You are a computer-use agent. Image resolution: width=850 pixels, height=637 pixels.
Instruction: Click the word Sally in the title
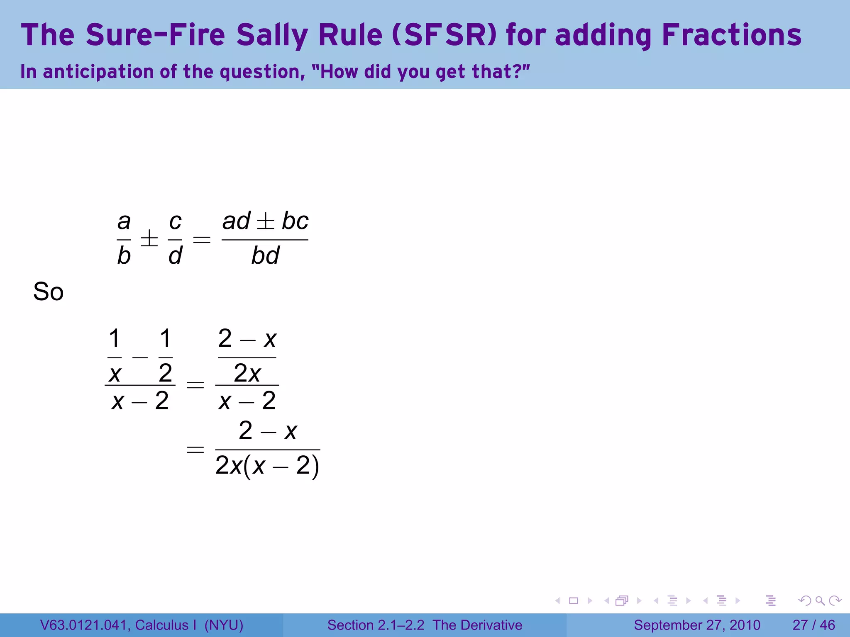[x=271, y=35]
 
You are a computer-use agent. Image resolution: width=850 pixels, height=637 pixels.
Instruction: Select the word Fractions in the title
[x=731, y=35]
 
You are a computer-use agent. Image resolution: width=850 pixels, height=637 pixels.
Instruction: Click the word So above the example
[x=48, y=292]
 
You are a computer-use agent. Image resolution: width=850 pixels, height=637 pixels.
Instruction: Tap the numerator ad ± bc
[x=265, y=221]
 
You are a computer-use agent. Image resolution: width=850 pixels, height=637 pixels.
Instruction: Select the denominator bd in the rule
[x=265, y=255]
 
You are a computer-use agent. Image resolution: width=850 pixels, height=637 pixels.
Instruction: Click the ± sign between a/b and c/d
[x=149, y=239]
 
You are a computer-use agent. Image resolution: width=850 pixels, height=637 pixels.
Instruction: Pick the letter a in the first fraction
[x=124, y=221]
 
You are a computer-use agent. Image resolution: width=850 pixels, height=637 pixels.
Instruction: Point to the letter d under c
[x=175, y=255]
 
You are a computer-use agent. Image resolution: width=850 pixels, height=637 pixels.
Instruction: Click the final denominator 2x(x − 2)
[x=267, y=466]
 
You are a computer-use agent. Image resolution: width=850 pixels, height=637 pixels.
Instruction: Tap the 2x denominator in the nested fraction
[x=247, y=373]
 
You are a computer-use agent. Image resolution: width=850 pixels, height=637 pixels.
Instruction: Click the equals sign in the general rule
[x=202, y=239]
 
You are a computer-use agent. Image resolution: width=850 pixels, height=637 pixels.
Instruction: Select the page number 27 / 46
[x=813, y=625]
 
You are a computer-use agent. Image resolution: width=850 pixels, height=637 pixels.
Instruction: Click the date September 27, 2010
[x=697, y=625]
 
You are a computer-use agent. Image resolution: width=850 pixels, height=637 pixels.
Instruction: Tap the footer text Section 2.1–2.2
[x=376, y=625]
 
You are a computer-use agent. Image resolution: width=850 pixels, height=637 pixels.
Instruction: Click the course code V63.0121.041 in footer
[x=85, y=625]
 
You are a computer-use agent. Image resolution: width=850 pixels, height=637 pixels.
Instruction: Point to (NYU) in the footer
[x=224, y=625]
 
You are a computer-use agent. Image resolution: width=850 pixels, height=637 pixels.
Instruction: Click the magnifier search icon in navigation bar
[x=820, y=601]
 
